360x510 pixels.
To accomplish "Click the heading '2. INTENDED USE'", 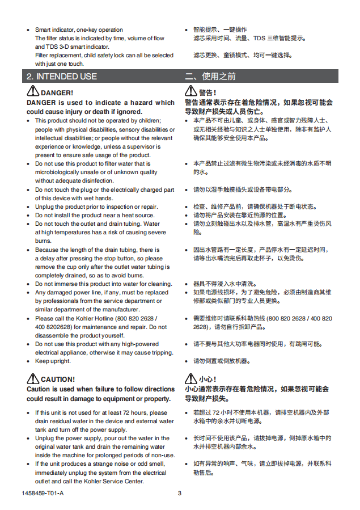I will [62, 77].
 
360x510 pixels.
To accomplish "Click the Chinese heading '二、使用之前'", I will [210, 77].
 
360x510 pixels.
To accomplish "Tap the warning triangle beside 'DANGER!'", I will [32, 92].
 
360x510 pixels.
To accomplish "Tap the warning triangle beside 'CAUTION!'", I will [32, 378].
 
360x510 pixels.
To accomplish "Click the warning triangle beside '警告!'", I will [190, 92].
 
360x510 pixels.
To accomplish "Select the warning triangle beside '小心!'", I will [190, 378].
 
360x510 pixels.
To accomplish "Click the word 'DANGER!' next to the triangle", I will [57, 92].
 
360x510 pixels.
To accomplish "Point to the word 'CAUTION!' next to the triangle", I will [57, 379].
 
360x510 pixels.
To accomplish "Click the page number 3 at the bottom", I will [180, 493].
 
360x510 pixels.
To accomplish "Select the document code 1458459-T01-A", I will [43, 493].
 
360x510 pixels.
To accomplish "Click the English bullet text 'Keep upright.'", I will [53, 361].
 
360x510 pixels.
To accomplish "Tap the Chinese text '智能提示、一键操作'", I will [220, 29].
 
